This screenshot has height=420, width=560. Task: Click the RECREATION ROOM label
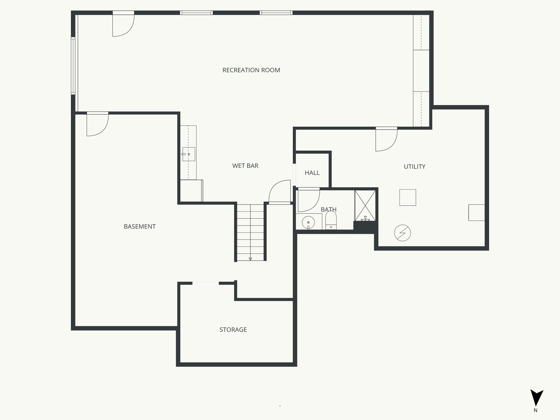pos(251,70)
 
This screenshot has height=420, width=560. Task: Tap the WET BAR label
pos(245,166)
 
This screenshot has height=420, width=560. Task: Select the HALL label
pos(312,173)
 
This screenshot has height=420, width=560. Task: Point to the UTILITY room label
pos(414,167)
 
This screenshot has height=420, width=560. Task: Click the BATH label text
pos(328,209)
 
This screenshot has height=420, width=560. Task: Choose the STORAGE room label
pos(233,330)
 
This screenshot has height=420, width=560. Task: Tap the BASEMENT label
pos(139,226)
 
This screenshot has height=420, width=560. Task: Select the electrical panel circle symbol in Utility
pos(402,233)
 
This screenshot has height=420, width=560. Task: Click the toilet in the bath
pos(331,220)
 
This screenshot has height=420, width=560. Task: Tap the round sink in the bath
pos(308,222)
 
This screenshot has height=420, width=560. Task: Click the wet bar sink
pos(189,154)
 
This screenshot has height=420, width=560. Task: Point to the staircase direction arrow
pos(250,259)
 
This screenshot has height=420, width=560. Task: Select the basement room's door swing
pos(97,125)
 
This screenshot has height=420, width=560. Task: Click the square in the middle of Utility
pos(407,197)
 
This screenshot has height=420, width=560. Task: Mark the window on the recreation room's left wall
pos(73,66)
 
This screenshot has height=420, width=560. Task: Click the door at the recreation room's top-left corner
pos(123,25)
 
